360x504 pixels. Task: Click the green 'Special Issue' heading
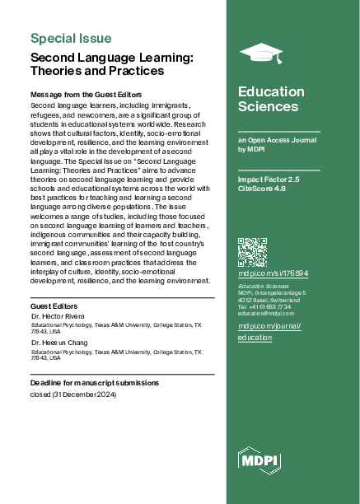tap(71, 38)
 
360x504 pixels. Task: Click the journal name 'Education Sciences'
tap(268, 99)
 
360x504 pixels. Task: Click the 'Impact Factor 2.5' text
tap(269, 179)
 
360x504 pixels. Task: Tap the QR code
tap(252, 251)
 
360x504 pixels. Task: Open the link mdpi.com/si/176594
tap(273, 273)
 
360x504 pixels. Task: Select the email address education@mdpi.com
tap(266, 314)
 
